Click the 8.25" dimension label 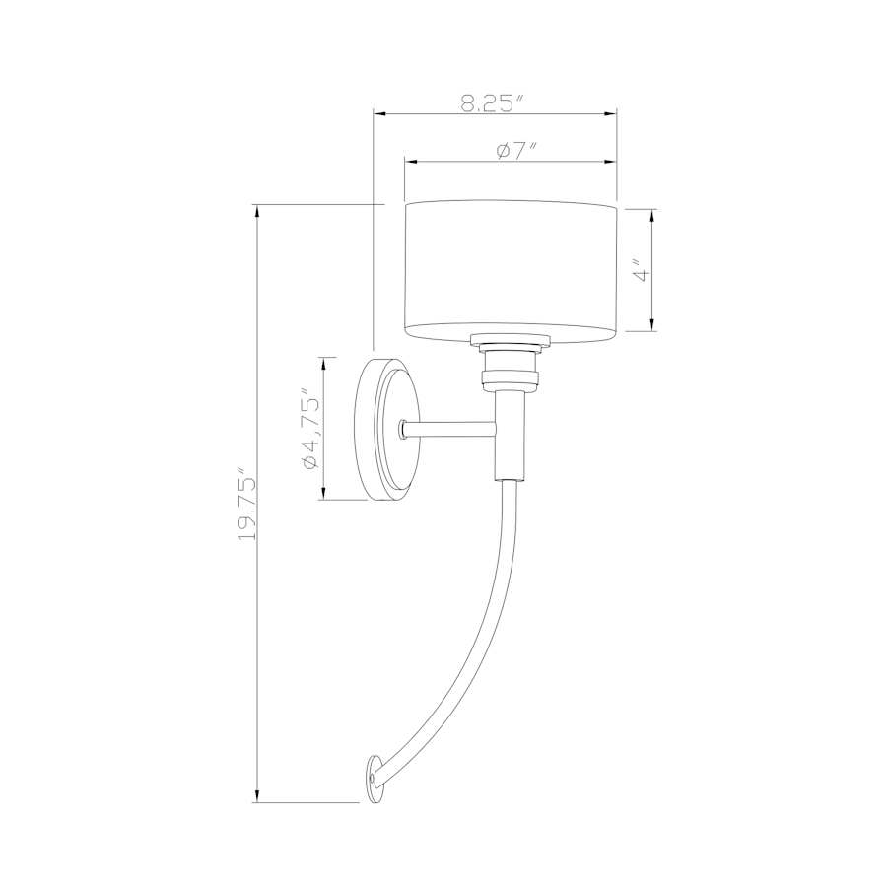[493, 102]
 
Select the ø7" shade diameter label [515, 151]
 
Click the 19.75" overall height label [246, 504]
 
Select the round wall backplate [382, 430]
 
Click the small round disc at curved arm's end [374, 778]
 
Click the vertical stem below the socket [510, 434]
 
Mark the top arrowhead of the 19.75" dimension [256, 210]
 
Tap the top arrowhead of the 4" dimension [652, 214]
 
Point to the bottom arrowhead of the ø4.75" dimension [322, 494]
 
